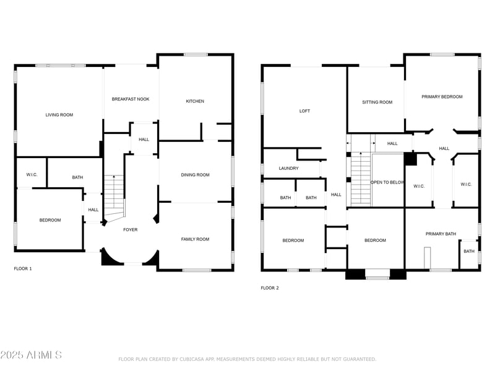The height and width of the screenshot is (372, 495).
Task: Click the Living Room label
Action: (59, 115)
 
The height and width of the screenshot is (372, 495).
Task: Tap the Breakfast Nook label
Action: (131, 99)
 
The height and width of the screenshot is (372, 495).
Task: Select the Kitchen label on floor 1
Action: (195, 101)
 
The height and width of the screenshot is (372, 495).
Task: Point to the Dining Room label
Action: (195, 175)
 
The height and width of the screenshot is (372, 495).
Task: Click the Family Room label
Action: (195, 239)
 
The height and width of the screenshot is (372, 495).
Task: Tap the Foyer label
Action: (131, 230)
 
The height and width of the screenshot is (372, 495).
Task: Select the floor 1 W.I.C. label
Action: (32, 175)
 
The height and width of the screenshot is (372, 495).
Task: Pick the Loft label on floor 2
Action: (304, 111)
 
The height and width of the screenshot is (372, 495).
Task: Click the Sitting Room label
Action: (377, 102)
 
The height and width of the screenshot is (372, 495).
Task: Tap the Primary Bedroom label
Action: (442, 97)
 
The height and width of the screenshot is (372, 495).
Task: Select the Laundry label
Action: (288, 169)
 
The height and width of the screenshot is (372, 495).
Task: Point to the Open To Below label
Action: (387, 182)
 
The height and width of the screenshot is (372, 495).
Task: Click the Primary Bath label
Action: (441, 234)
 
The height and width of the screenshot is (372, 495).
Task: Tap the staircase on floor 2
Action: (360, 180)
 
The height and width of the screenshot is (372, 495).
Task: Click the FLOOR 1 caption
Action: (23, 268)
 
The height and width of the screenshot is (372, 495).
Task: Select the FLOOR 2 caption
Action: (269, 288)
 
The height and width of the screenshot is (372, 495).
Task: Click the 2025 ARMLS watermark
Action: (31, 355)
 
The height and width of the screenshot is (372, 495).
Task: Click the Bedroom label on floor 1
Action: (50, 220)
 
